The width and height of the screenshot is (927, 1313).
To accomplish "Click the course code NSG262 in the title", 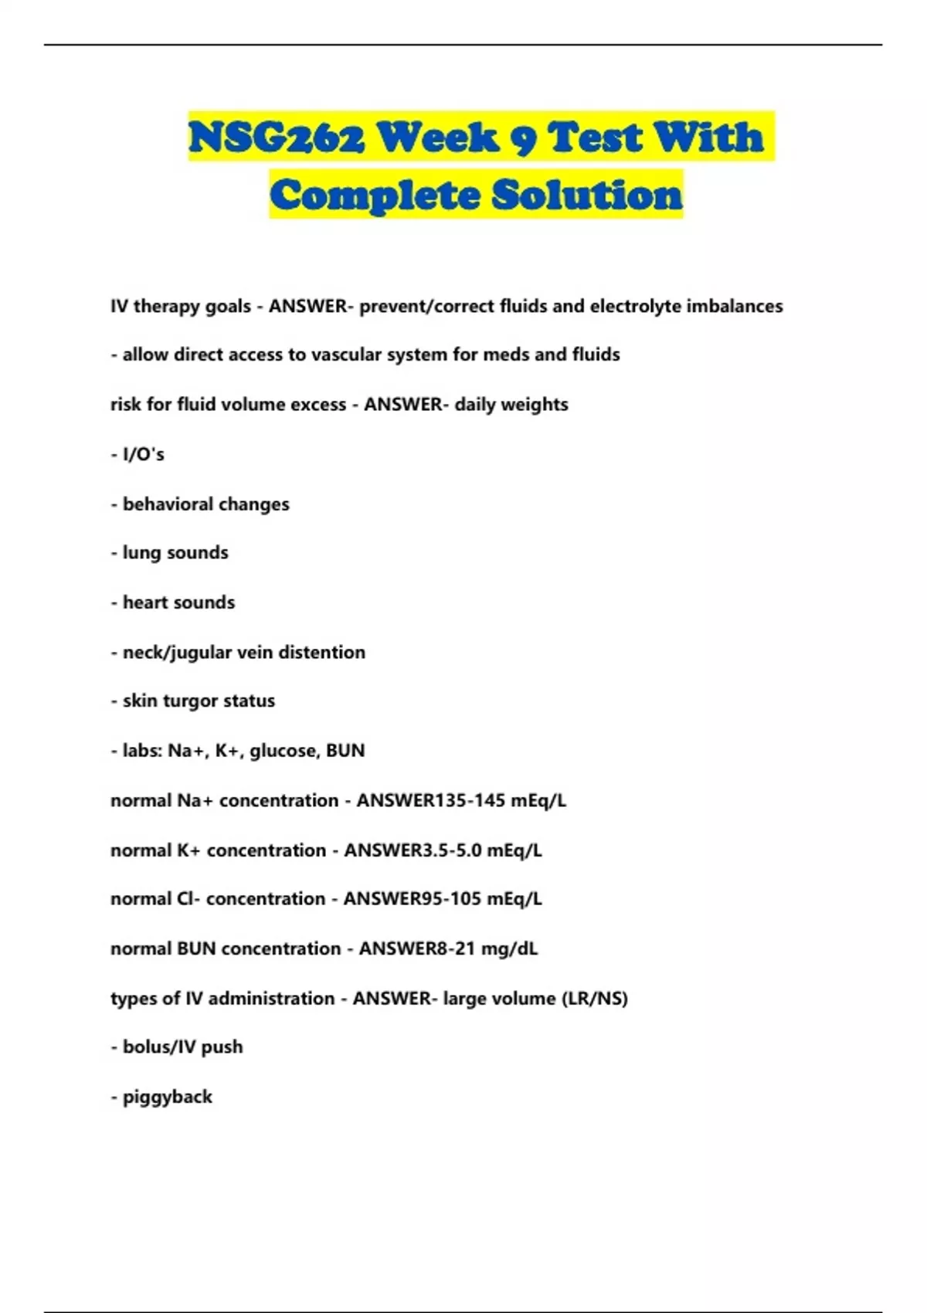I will tap(276, 137).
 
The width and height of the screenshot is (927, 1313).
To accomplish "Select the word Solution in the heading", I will tap(587, 194).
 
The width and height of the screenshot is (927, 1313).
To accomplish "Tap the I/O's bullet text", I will tap(144, 454).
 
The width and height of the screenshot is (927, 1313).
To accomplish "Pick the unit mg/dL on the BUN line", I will tap(509, 948).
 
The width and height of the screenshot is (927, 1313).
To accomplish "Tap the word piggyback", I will tap(167, 1097).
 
